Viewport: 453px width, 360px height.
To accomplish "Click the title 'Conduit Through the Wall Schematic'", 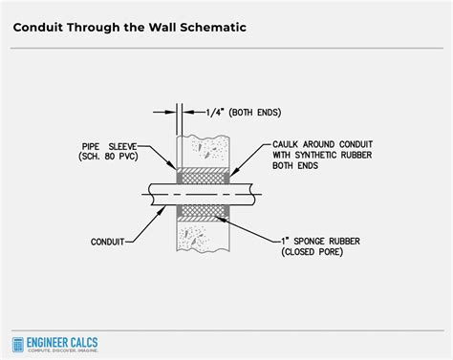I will (129, 27).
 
